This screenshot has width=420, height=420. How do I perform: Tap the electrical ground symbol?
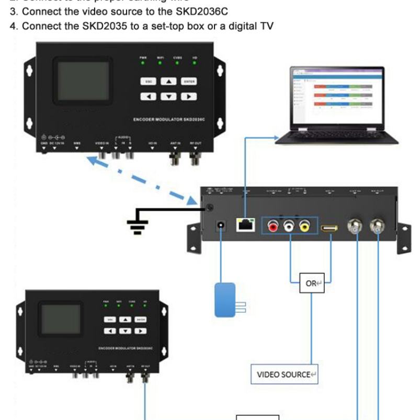tap(138, 222)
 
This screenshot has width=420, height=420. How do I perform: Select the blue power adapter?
tap(225, 299)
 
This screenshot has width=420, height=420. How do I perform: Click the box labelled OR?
tap(312, 283)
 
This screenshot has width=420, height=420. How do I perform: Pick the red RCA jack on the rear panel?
tap(273, 226)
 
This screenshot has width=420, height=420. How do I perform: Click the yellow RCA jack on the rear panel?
tap(305, 226)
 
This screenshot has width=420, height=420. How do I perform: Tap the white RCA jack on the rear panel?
tap(289, 226)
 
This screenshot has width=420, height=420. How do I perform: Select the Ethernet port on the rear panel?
tap(244, 225)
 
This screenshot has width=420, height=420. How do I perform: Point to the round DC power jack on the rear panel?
tap(221, 226)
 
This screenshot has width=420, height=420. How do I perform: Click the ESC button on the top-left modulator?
tap(149, 82)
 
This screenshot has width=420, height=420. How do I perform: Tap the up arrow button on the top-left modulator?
tap(168, 82)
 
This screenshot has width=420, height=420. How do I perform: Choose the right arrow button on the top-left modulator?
tap(188, 96)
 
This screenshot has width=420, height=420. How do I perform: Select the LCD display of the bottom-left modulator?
tap(61, 321)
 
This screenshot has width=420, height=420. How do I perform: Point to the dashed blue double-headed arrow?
tap(150, 179)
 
